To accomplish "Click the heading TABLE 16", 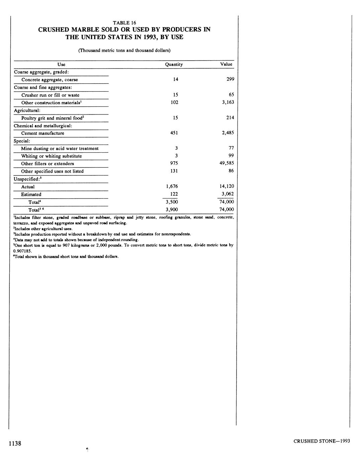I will click(124, 23).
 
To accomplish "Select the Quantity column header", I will click(174, 64).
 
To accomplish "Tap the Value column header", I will click(226, 64).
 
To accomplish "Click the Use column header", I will click(61, 64).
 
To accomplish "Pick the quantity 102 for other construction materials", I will click(174, 102).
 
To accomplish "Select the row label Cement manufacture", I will click(42, 133).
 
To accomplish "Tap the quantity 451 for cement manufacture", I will click(174, 133).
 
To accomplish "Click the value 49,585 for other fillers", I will click(226, 163).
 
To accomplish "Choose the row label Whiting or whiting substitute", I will click(51, 156).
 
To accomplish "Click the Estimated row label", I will click(31, 195).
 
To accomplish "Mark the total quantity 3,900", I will click(172, 210).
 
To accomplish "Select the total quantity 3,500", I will click(172, 202).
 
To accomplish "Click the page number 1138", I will click(15, 444).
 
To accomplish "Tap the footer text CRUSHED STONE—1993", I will click(322, 441).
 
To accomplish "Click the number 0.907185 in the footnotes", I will click(22, 250).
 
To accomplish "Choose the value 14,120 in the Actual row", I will click(227, 186).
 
